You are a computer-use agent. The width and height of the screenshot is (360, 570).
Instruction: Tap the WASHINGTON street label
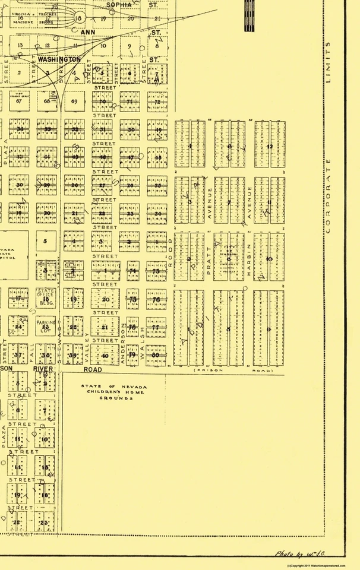pyautogui.click(x=59, y=60)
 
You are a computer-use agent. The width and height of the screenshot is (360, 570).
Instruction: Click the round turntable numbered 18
pyautogui.click(x=79, y=19)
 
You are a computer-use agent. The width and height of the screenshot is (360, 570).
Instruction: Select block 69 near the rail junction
pyautogui.click(x=74, y=102)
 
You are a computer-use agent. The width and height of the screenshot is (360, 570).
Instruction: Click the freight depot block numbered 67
pyautogui.click(x=20, y=101)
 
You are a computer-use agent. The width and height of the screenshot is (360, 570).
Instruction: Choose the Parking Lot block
pyautogui.click(x=46, y=326)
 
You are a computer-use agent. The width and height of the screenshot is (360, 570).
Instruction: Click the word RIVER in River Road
pyautogui.click(x=43, y=369)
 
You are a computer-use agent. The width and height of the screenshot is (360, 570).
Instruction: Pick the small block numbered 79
pyautogui.click(x=132, y=355)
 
